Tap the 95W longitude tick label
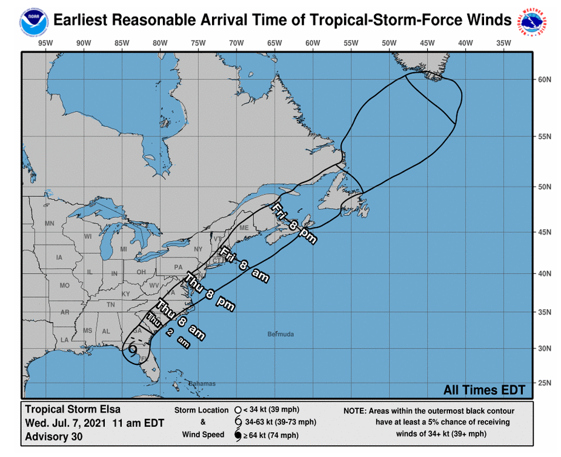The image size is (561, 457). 44,42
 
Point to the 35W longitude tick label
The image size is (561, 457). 503,42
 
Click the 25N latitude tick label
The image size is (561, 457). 545,382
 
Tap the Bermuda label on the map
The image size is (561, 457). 280,335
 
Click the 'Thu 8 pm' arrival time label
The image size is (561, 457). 210,293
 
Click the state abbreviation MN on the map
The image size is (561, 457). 49,224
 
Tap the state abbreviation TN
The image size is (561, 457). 111,304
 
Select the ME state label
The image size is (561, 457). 245,228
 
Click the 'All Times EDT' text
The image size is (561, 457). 484,390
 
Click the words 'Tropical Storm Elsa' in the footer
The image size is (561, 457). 73,410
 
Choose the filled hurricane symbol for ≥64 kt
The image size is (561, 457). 238,435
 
